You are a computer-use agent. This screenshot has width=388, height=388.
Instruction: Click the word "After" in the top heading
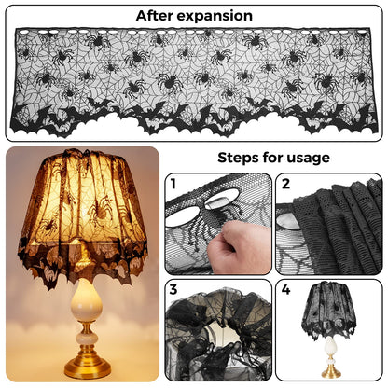158,16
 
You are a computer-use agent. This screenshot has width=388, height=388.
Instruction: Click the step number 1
173,185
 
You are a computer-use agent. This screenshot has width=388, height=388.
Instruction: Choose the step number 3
174,290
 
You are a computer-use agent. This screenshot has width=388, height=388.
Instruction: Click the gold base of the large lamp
88,369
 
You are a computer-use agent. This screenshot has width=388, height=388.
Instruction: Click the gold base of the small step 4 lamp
329,370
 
